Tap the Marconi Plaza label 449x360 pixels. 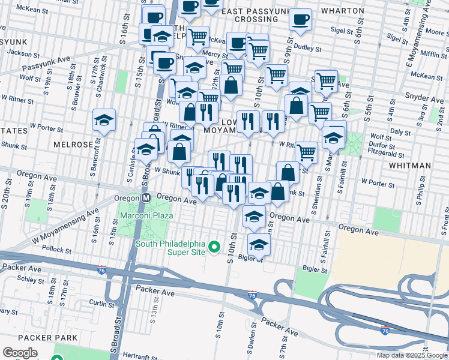coord(146,215)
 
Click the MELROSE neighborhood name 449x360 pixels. coord(73,145)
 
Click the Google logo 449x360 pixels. coord(20,353)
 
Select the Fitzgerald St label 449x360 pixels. coord(387,152)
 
